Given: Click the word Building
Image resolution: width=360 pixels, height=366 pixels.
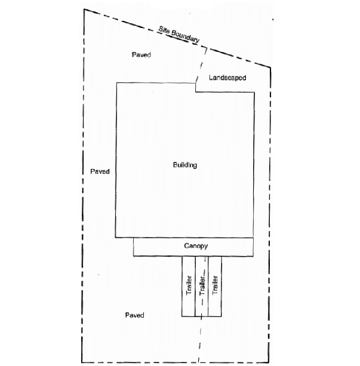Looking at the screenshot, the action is pyautogui.click(x=185, y=165).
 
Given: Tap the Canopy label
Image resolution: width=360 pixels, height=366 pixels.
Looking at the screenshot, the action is pyautogui.click(x=196, y=246).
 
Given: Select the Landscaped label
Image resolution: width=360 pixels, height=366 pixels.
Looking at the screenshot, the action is pyautogui.click(x=227, y=78).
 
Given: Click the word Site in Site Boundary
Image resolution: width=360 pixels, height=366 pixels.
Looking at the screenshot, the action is pyautogui.click(x=164, y=30).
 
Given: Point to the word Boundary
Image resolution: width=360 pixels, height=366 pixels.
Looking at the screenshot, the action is pyautogui.click(x=186, y=36).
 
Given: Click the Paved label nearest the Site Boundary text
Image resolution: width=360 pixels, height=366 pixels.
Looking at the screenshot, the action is pyautogui.click(x=141, y=54).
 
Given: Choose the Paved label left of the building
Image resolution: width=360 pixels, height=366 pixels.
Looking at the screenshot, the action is pyautogui.click(x=100, y=171).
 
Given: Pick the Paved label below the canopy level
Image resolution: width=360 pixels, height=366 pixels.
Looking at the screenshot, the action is pyautogui.click(x=135, y=315).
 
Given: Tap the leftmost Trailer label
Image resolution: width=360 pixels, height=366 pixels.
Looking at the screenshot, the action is pyautogui.click(x=189, y=285).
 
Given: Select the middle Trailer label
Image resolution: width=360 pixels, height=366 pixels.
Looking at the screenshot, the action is pyautogui.click(x=202, y=285).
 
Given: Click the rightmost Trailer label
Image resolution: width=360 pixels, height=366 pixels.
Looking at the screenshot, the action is pyautogui.click(x=215, y=285).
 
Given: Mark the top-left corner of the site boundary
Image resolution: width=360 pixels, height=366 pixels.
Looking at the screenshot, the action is pyautogui.click(x=84, y=10).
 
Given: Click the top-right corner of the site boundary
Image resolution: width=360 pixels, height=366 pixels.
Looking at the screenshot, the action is pyautogui.click(x=270, y=67).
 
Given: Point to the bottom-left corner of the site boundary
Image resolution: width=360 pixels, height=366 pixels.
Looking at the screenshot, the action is pyautogui.click(x=82, y=362).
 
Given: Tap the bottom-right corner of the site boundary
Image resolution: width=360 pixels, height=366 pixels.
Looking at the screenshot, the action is pyautogui.click(x=269, y=362).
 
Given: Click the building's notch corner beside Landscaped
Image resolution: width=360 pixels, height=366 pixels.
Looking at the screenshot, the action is pyautogui.click(x=195, y=92).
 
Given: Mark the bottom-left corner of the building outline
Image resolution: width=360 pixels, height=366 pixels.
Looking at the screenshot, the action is pyautogui.click(x=115, y=238).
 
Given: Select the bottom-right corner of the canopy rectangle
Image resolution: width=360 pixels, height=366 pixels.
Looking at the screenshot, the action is pyautogui.click(x=253, y=256).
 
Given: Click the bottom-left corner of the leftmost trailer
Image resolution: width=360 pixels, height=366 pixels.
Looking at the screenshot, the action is pyautogui.click(x=182, y=316).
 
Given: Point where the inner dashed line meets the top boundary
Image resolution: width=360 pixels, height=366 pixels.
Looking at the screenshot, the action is pyautogui.click(x=207, y=48).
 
